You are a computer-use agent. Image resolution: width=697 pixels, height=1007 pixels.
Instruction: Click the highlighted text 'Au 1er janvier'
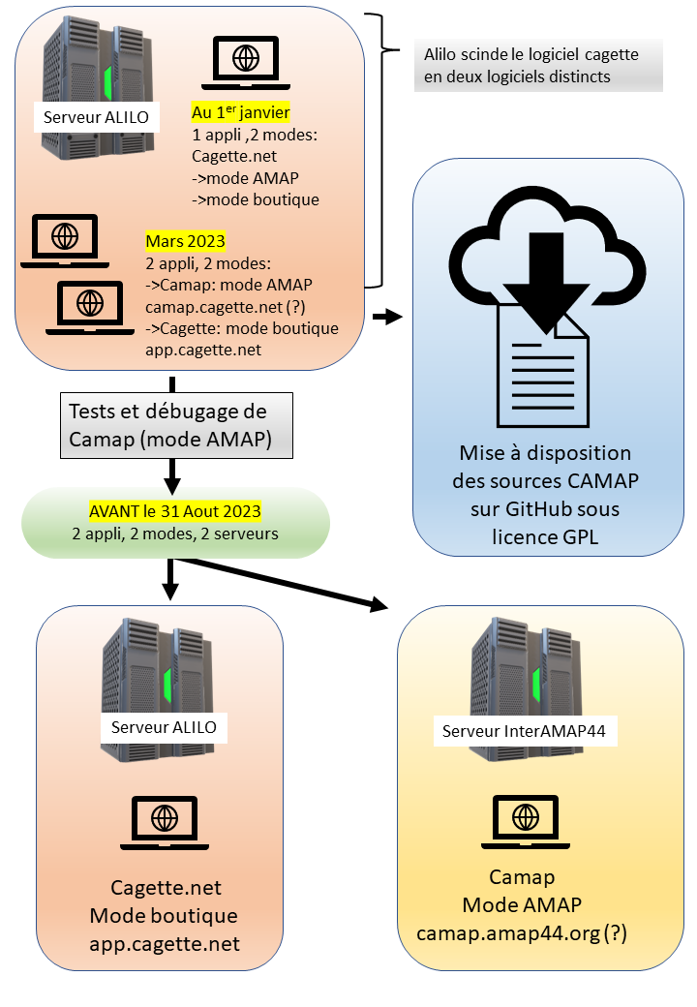pos(241,111)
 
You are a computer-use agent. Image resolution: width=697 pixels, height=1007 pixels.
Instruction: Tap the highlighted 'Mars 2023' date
pos(186,241)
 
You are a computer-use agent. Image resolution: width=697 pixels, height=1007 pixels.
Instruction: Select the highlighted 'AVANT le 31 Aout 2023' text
pos(175,511)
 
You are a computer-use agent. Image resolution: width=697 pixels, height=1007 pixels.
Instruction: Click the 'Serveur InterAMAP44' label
pos(524,731)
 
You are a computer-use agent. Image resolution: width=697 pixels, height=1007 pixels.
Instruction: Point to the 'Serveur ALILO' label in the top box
pos(96,117)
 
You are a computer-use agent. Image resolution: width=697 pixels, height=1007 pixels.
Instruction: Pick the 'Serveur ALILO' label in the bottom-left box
pos(164,727)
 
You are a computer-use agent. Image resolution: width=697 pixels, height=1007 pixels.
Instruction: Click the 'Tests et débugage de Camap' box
pos(176,425)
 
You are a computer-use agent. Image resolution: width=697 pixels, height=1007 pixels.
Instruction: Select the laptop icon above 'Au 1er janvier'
pos(246,62)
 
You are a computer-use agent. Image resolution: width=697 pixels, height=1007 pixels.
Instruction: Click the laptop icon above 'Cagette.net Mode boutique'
pos(165,823)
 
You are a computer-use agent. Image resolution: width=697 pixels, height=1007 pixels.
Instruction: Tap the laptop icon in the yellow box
pos(526,822)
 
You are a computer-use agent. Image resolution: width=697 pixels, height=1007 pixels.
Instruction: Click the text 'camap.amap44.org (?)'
pos(521,932)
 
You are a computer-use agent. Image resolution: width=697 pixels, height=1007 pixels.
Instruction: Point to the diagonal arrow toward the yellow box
pos(283,583)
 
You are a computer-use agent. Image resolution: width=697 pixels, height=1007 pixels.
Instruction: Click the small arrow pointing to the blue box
pos(387,316)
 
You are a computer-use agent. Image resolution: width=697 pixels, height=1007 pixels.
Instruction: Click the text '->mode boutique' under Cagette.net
pos(256,199)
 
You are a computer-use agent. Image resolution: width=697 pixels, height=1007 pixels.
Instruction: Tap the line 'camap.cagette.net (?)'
pos(226,307)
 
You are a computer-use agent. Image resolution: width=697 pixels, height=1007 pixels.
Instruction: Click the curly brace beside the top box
pos(382,150)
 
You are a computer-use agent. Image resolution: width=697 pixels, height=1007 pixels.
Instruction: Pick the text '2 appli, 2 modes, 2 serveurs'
pos(175,534)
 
